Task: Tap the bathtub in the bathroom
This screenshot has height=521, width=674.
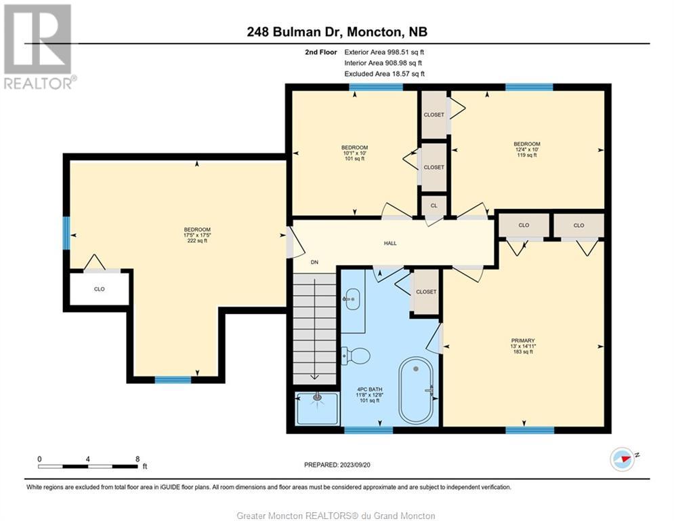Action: coord(416,391)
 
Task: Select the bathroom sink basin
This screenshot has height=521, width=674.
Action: coord(352,298)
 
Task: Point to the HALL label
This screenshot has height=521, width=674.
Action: coord(390,244)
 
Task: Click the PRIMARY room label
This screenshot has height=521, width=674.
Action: coord(523,341)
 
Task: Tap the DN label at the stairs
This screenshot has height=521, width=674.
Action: coord(315,262)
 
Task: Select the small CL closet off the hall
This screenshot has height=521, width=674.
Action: coord(434,206)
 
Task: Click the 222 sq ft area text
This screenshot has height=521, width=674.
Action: coord(197,241)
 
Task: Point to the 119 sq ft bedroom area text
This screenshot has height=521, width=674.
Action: coord(527,155)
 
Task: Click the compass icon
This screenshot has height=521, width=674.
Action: coord(622,459)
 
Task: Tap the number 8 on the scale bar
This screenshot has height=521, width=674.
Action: coord(138,459)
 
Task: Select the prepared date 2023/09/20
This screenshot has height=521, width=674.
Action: coord(355,465)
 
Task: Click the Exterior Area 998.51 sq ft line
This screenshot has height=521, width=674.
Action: coord(384,52)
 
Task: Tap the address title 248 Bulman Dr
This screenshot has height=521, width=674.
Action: coord(295,32)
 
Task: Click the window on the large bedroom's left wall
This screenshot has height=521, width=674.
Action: coord(66,233)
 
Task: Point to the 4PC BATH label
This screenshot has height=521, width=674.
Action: coord(369,389)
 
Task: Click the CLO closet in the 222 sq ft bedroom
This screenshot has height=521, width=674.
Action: coord(100,289)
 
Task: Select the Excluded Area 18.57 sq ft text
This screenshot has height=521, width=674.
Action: coord(384,74)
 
